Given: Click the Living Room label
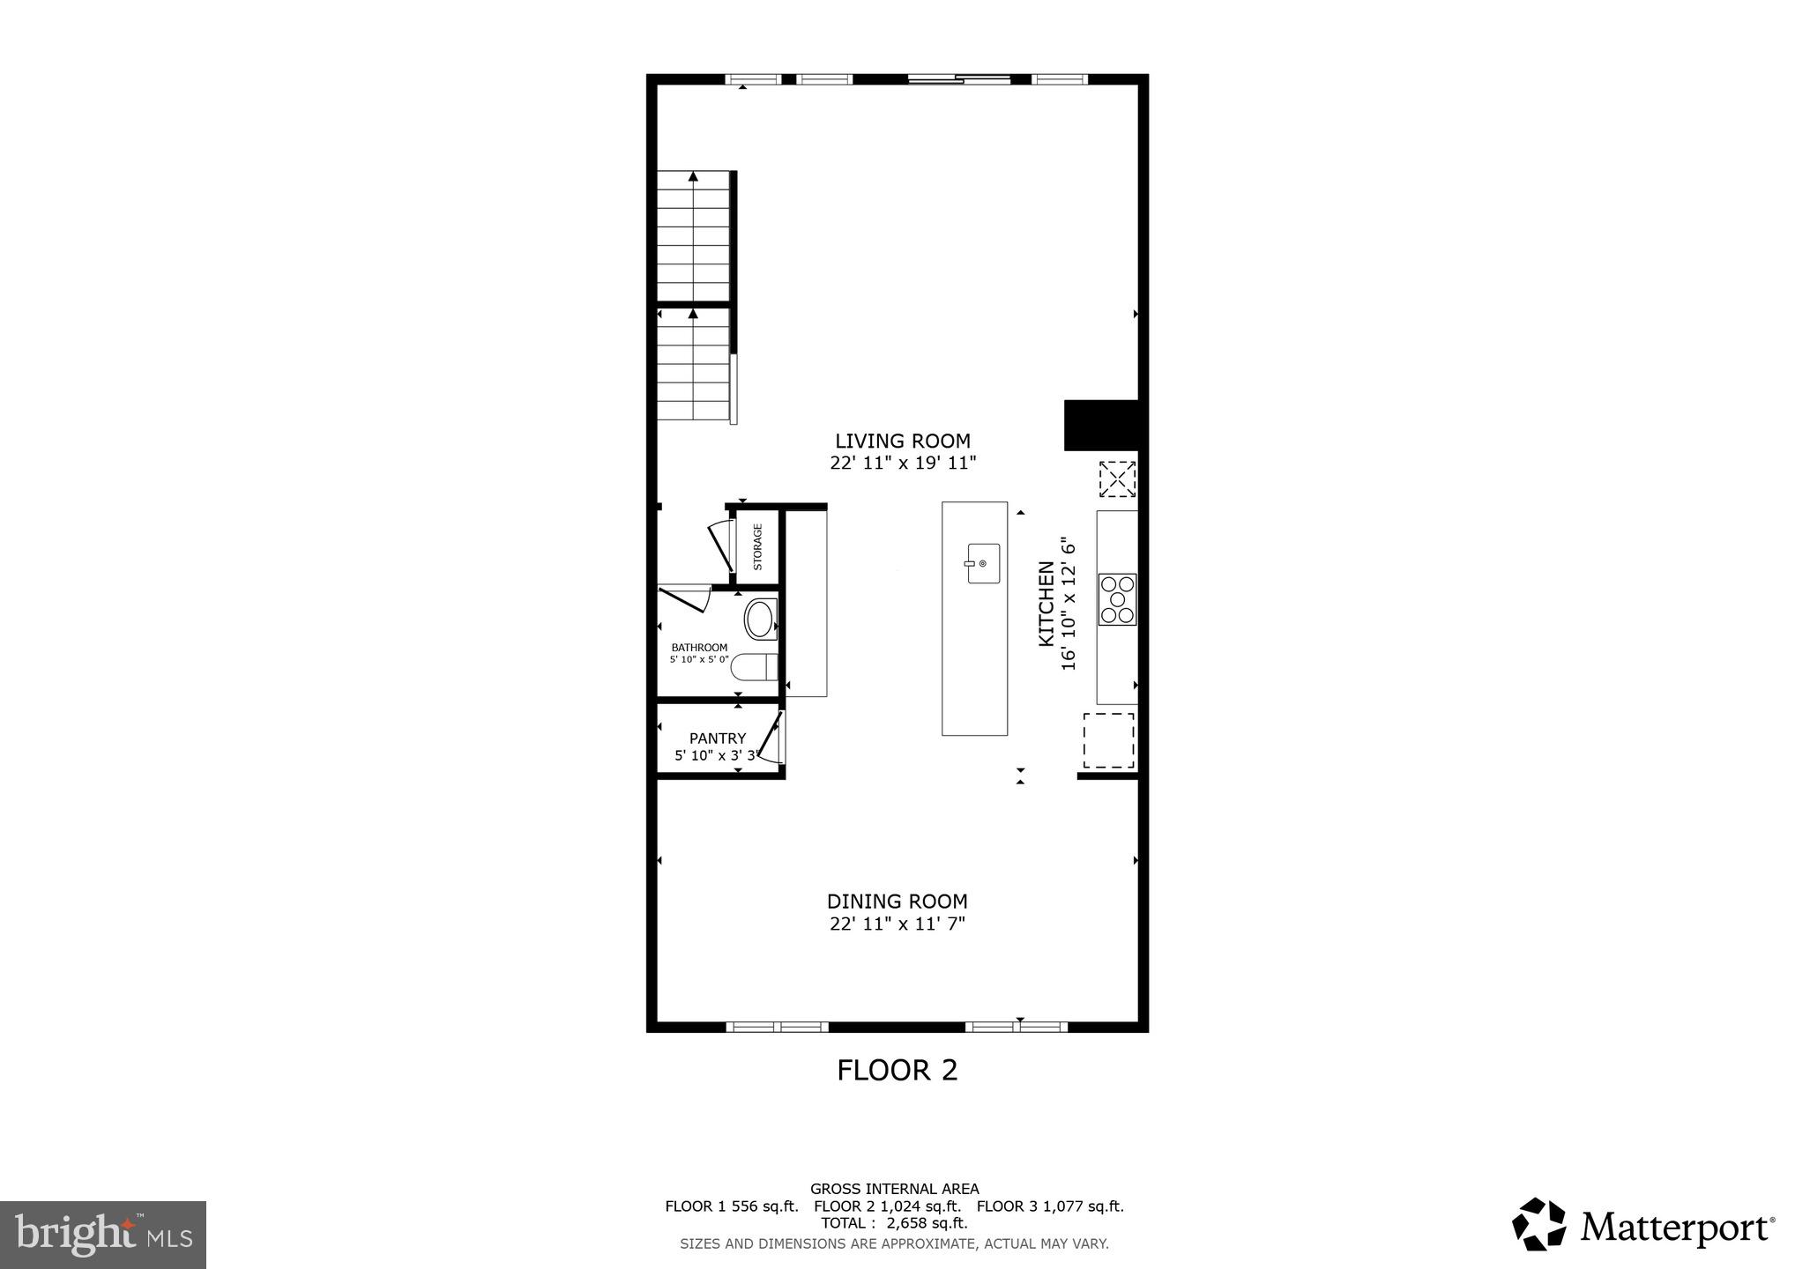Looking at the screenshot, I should tap(902, 441).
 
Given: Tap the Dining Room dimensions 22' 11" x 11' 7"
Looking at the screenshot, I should tap(897, 924).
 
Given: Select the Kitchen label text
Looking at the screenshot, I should tap(1046, 604).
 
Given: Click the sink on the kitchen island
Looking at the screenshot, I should tap(982, 563).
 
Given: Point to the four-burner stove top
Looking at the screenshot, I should tap(1117, 599).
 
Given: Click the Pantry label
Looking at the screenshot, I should tap(718, 738).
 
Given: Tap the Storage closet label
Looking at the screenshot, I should tap(757, 547).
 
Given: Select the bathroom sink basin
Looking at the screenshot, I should tap(760, 620).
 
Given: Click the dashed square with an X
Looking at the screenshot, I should tap(1117, 479).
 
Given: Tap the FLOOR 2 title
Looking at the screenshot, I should tap(897, 1070).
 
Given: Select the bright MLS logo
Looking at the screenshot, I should tap(103, 1235).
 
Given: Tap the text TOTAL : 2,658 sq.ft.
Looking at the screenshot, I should tap(894, 1223).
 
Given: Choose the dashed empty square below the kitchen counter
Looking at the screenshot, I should tap(1108, 740).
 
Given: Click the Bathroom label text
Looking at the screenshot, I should tap(699, 648).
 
